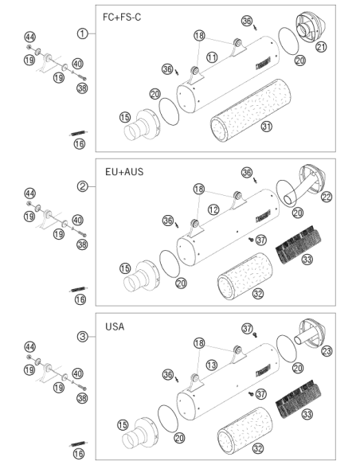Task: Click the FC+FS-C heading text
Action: coord(122,18)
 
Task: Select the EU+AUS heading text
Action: coord(124,172)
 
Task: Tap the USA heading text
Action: coord(115,326)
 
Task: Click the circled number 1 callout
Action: coord(83,33)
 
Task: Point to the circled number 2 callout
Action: coord(83,186)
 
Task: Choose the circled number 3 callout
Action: coord(83,337)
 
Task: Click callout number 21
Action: coord(321,47)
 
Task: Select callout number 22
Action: coord(327,197)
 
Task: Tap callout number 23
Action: coord(327,351)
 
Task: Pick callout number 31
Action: coord(266,127)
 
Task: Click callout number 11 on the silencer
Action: coord(212,57)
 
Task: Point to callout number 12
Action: coord(213,210)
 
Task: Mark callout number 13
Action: coord(211,365)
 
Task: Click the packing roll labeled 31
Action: coord(251,111)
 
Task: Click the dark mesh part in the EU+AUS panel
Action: coord(298,244)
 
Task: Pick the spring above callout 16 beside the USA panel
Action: coord(79,444)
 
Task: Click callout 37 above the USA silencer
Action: coord(247,329)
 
